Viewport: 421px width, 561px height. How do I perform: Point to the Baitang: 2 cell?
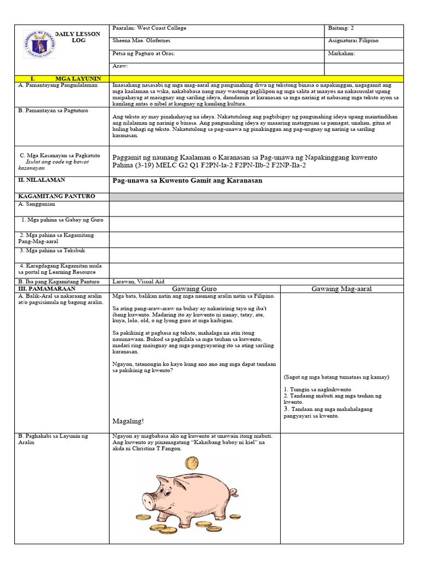tap(345, 28)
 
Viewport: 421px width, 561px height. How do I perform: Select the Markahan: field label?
tap(342, 54)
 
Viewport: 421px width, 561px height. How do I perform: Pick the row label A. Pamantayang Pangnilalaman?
tap(58, 85)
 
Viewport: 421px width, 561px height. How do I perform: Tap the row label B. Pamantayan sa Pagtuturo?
tap(53, 111)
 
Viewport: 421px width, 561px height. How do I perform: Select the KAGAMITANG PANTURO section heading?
tap(56, 196)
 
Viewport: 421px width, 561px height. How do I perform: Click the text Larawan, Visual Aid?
tap(138, 281)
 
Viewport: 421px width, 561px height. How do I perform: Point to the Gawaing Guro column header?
tap(194, 288)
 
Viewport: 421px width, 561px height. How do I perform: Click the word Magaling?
tap(128, 421)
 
